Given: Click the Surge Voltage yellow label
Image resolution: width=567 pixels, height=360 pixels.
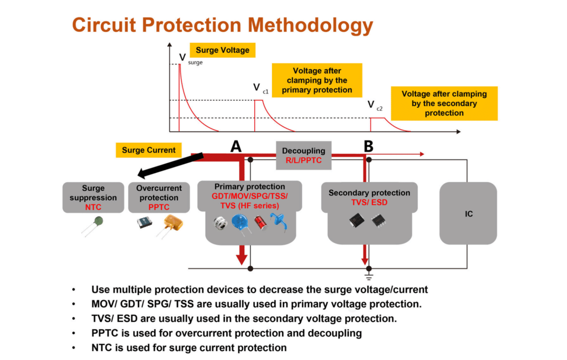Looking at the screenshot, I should [x=222, y=50].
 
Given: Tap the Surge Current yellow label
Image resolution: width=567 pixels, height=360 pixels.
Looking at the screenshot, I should [x=148, y=150].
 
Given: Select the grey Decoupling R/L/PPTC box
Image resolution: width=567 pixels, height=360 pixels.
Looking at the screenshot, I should [x=303, y=155].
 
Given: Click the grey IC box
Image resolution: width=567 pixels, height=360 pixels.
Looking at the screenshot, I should [x=468, y=214].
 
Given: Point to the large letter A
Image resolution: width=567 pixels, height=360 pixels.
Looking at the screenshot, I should [x=236, y=146].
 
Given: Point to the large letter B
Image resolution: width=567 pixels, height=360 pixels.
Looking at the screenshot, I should [x=368, y=146].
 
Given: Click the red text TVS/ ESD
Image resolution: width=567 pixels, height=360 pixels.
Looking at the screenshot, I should [x=369, y=202].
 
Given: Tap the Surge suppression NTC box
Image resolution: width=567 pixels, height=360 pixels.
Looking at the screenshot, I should [x=94, y=197].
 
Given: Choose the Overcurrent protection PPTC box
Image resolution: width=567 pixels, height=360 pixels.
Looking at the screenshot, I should [x=159, y=197].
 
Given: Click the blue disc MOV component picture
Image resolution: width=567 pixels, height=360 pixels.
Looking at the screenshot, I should [x=240, y=222].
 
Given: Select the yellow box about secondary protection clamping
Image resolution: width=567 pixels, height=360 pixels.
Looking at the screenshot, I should [x=444, y=103].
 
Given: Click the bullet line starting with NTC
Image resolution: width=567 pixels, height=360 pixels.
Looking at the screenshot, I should [x=189, y=348].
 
